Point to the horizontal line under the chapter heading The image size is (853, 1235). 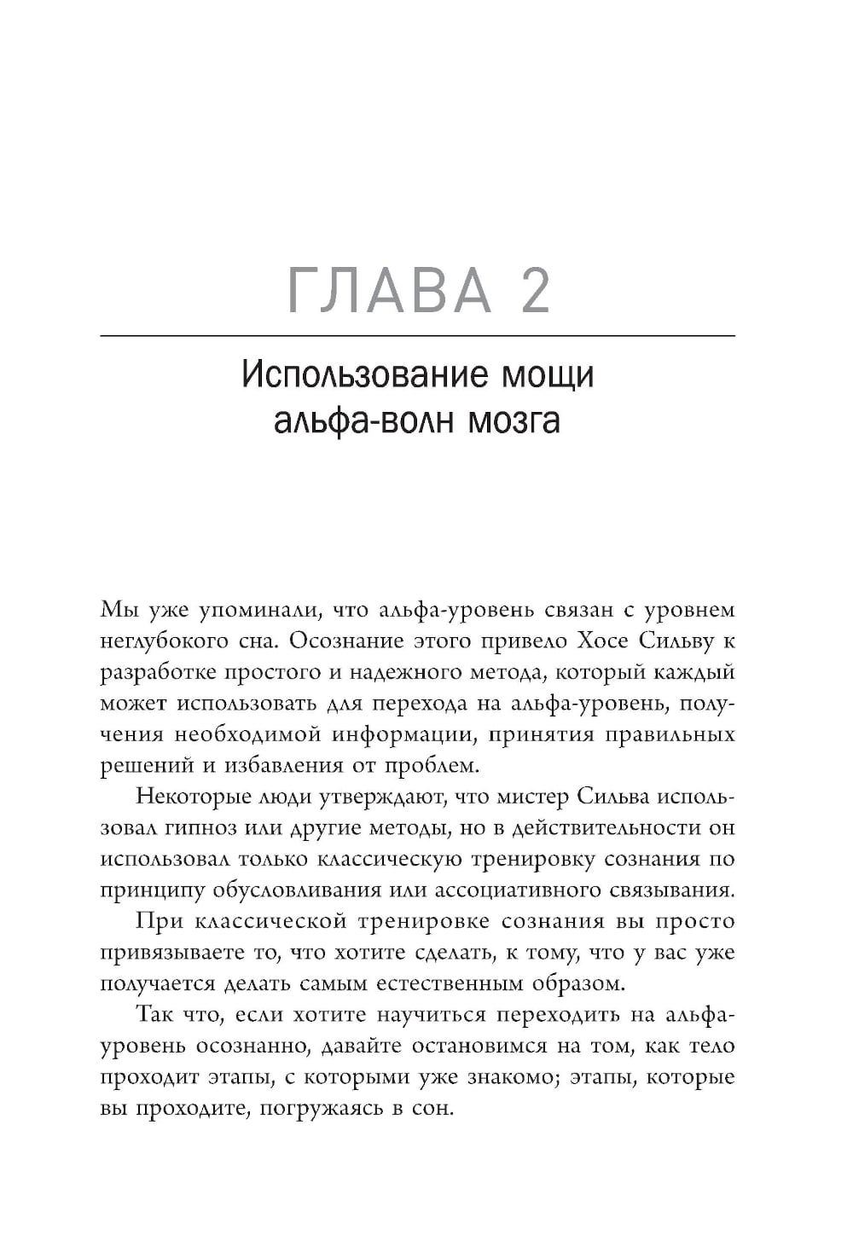click(417, 337)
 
